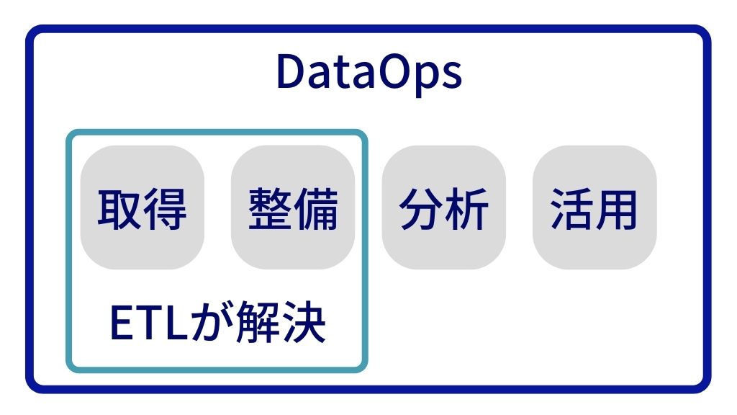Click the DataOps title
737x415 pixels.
point(368,73)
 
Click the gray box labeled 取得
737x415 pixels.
point(143,207)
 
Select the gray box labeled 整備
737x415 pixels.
point(293,207)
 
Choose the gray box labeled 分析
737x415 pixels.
point(444,207)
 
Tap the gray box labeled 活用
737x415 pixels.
point(594,207)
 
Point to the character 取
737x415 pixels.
point(119,208)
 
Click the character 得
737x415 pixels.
point(165,208)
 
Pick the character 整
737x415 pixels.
point(270,208)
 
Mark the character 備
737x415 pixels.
point(316,208)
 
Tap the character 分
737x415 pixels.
point(421,208)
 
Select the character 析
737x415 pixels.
point(467,208)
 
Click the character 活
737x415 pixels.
point(571,208)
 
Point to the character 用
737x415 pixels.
point(617,208)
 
